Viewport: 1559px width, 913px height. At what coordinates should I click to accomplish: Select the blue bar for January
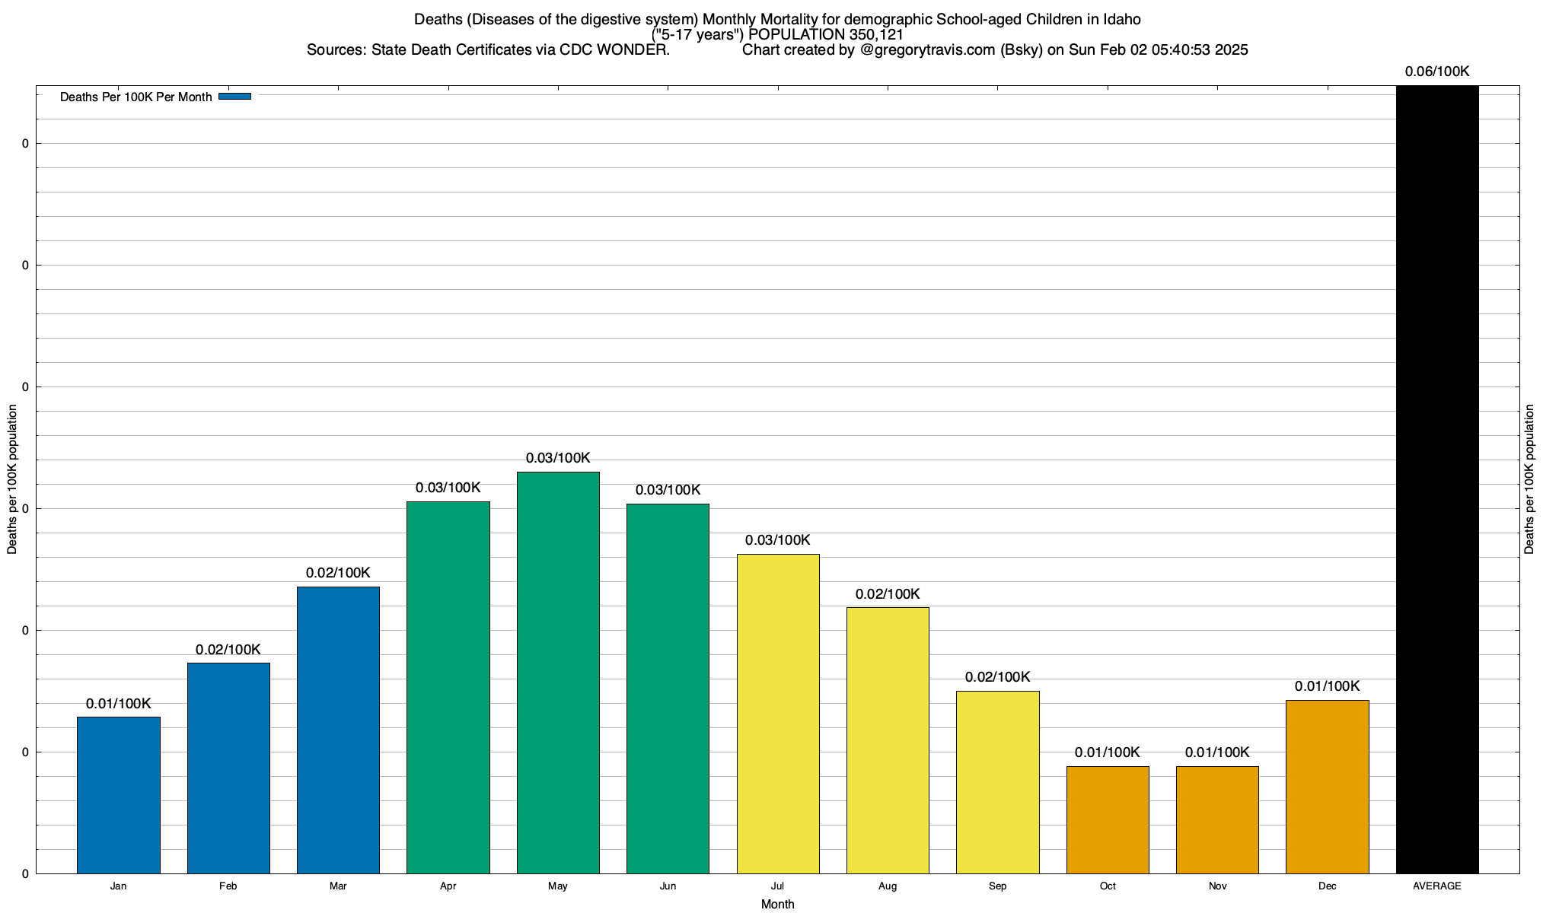[x=119, y=795]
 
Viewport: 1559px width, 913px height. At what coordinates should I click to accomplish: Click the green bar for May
[x=558, y=673]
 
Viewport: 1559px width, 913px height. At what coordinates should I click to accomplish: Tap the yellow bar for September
[x=997, y=782]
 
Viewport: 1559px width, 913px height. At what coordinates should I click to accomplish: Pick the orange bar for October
[x=1108, y=819]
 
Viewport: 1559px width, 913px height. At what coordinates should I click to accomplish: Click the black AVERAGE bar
[x=1437, y=479]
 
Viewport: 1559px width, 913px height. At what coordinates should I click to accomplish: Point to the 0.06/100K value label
[x=1437, y=72]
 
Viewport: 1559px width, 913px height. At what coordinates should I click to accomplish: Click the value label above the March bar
[x=338, y=573]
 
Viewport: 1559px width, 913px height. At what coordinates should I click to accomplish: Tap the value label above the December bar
[x=1327, y=686]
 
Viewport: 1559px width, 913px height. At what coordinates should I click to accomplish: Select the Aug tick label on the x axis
[x=888, y=886]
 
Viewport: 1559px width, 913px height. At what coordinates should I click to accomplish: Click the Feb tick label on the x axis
[x=228, y=886]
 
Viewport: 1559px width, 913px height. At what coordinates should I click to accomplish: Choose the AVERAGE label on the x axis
[x=1437, y=886]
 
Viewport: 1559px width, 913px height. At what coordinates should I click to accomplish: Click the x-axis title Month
[x=777, y=904]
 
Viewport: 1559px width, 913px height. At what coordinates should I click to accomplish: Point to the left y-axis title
[x=12, y=479]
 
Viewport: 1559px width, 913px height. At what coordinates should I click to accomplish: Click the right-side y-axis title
[x=1530, y=479]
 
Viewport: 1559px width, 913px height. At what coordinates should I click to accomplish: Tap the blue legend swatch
[x=234, y=97]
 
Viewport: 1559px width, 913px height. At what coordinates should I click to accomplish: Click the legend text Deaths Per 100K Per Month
[x=135, y=97]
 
